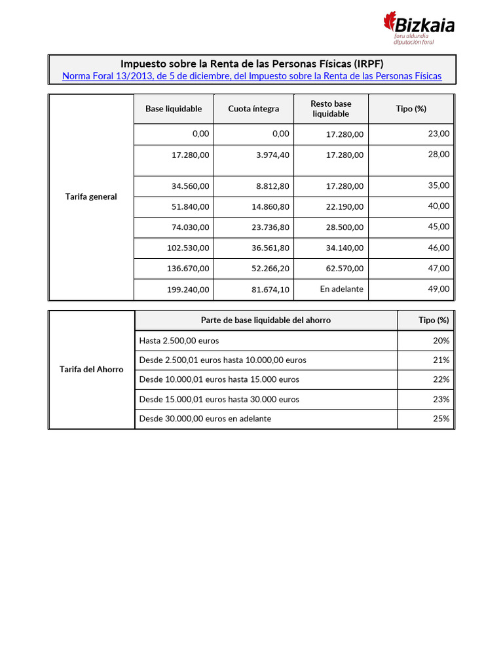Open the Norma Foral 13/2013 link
[x=251, y=76]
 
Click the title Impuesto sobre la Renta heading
[x=251, y=64]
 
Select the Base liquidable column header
[x=174, y=109]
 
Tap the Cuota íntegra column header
[x=253, y=109]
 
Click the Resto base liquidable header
[x=331, y=109]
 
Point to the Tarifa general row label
[x=91, y=197]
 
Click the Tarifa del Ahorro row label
[x=91, y=369]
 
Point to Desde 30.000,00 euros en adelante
[x=205, y=419]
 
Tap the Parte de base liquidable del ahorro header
[x=265, y=320]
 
